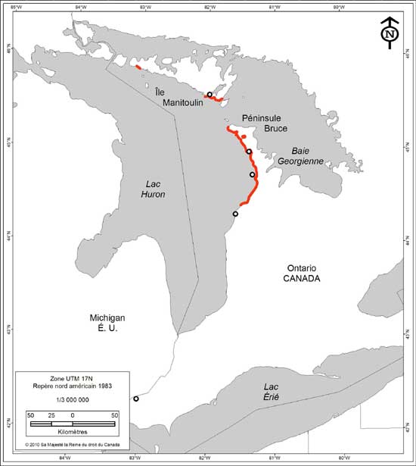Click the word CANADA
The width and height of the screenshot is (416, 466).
[x=303, y=279]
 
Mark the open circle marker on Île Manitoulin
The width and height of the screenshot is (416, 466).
[x=210, y=95]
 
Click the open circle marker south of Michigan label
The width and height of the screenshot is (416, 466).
[x=136, y=399]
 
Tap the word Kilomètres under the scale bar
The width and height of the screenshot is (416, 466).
[x=73, y=433]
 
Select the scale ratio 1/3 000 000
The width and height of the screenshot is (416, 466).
[x=73, y=399]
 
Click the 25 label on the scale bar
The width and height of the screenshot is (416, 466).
[x=51, y=415]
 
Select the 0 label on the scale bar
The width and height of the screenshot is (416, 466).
[x=73, y=415]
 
